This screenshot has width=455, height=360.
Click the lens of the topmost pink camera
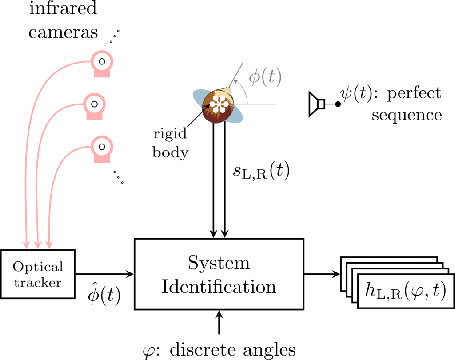coord(102,61)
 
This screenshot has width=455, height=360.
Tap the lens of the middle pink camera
coord(94,104)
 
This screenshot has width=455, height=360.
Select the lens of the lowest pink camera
coord(102,146)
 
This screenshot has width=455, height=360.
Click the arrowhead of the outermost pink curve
coord(26,244)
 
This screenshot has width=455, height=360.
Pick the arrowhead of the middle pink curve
coord(38,244)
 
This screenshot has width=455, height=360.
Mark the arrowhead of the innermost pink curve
coord(49,244)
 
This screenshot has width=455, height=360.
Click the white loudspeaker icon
coord(316,104)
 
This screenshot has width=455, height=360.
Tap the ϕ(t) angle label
coord(265,77)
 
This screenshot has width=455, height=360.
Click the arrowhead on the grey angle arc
coord(236,83)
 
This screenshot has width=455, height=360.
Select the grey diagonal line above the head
coord(237,73)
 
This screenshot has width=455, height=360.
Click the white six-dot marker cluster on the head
coord(219,104)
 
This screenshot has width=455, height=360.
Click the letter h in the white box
coord(370,290)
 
